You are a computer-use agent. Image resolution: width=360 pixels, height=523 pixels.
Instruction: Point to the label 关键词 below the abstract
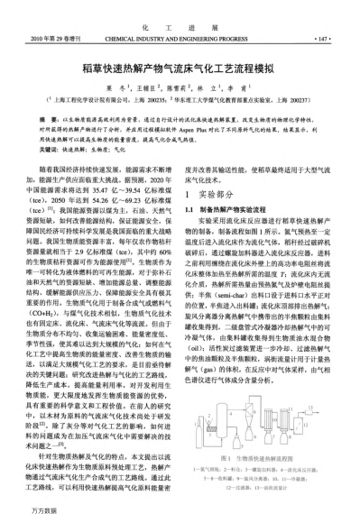pyautogui.click(x=51, y=147)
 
